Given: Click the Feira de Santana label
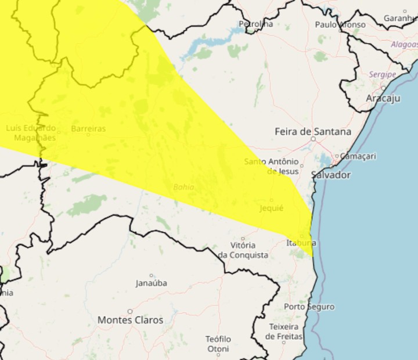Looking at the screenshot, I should [312, 132].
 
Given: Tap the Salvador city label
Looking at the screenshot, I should [331, 175].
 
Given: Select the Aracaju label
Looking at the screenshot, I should [383, 98].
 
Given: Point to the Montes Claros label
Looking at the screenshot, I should [130, 320].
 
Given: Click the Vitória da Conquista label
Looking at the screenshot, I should [243, 250].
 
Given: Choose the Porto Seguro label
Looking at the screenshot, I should [309, 307].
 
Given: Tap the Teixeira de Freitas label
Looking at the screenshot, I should [284, 332].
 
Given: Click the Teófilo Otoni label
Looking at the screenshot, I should [218, 344].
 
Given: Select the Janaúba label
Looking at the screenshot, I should [151, 283].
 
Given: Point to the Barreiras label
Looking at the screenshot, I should [88, 128].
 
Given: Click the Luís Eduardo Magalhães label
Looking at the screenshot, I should [31, 132].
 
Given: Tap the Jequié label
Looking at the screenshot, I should [272, 208].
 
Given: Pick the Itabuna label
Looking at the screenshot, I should [301, 243].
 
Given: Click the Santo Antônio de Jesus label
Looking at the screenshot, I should [272, 166].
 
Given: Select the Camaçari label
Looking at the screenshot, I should [358, 156].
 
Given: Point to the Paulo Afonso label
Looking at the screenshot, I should [340, 25].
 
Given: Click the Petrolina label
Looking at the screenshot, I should [255, 24].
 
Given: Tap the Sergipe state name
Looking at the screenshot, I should [383, 74].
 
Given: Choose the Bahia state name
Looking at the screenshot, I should [183, 187].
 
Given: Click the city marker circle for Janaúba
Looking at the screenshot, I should [152, 276].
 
